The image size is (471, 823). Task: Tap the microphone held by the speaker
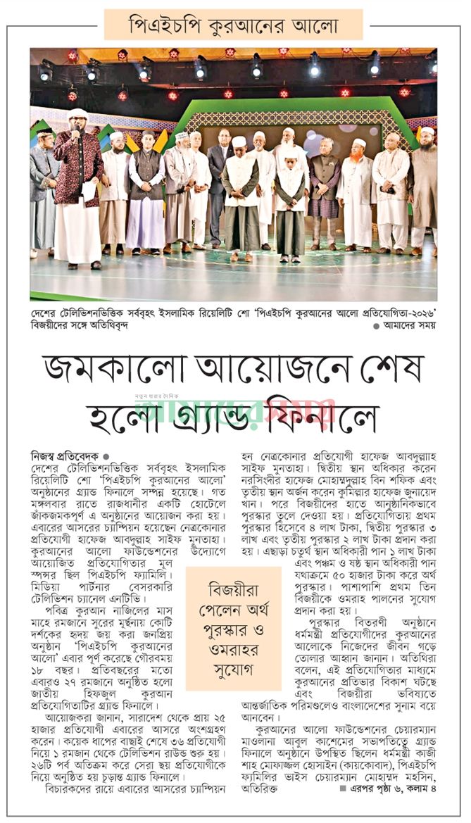[74, 131]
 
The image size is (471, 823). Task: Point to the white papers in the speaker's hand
[89, 190]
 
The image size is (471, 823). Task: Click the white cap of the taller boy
[239, 142]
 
